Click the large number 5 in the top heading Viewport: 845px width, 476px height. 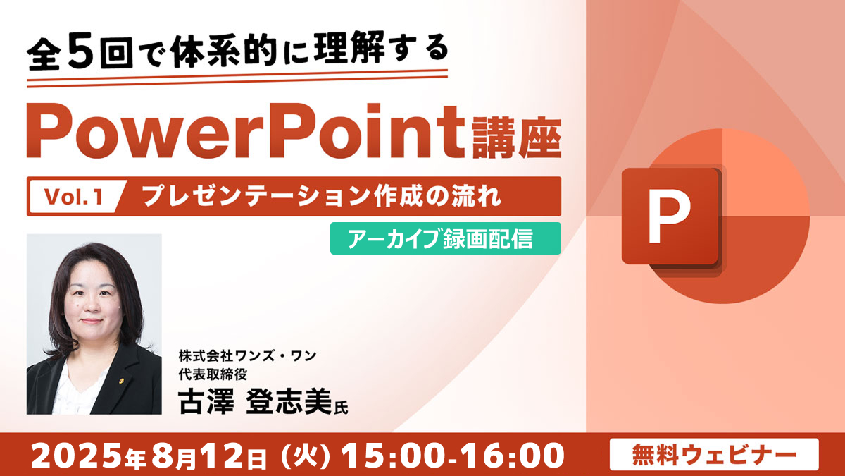82,51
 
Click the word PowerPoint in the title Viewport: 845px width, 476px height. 246,131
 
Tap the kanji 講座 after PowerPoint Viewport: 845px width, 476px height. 517,138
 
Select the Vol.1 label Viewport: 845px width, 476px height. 74,197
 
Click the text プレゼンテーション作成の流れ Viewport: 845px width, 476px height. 322,196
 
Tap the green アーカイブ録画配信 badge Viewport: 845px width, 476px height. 446,238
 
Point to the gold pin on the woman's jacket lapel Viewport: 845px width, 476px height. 121,379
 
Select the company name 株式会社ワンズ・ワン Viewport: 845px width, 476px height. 247,356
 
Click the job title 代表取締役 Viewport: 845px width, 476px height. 213,374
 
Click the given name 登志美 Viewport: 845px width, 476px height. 289,401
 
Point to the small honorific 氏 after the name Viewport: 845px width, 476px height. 341,407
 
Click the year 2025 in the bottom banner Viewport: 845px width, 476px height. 77,456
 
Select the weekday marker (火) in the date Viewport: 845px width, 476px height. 306,456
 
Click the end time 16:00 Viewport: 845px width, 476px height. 511,456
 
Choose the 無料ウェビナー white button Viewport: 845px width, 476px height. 714,454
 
